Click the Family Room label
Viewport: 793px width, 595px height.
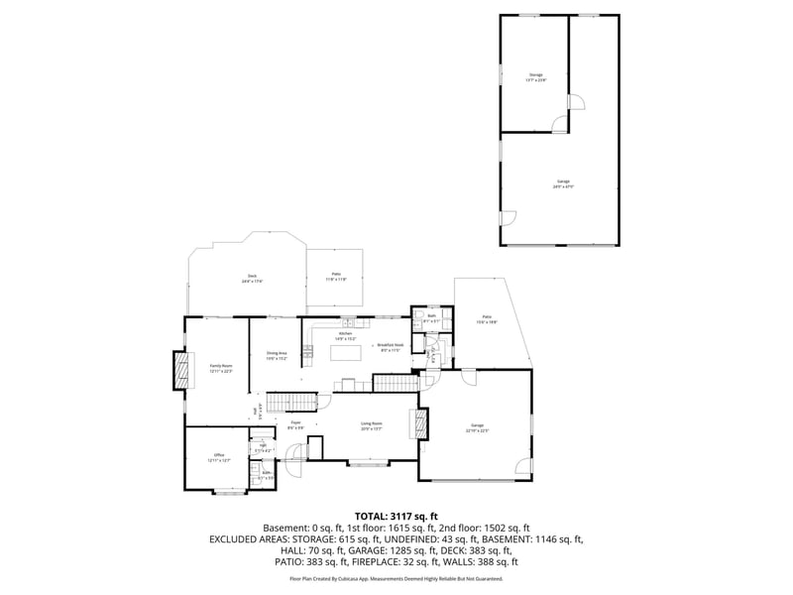pos(220,368)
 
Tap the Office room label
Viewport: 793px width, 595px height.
pos(218,457)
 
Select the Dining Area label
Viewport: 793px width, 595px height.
pos(276,355)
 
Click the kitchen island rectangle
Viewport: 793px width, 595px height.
pos(345,352)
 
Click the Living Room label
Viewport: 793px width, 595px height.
pos(371,426)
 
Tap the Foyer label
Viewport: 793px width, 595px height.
pos(295,425)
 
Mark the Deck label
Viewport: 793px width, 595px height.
pos(253,279)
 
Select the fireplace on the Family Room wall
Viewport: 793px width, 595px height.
pos(180,370)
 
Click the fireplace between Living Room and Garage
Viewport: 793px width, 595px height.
pos(422,424)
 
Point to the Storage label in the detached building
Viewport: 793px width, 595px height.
pos(535,77)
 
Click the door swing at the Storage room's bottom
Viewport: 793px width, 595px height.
pos(561,124)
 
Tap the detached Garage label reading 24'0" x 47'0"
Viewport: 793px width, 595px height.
pos(563,183)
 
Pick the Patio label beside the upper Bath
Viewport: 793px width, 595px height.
pos(486,319)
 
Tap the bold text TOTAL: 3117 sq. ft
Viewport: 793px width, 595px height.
pos(396,517)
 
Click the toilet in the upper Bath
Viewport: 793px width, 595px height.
pos(445,321)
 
